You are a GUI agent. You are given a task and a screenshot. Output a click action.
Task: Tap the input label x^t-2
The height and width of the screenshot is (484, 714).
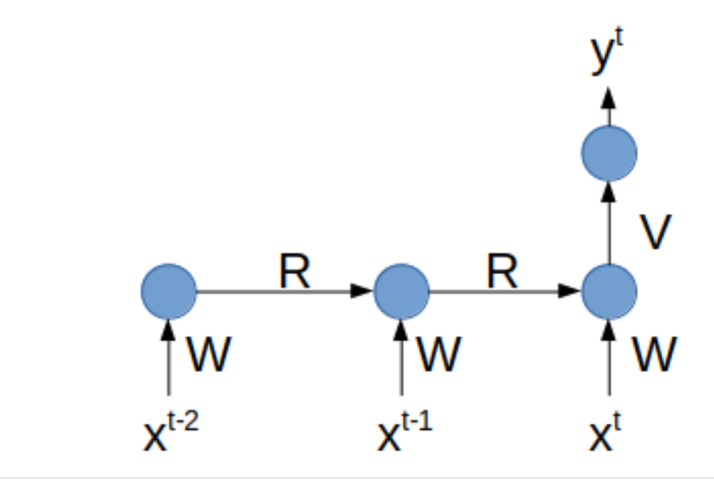pyautogui.click(x=171, y=432)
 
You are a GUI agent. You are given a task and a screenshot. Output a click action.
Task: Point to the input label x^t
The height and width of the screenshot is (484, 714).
pyautogui.click(x=605, y=432)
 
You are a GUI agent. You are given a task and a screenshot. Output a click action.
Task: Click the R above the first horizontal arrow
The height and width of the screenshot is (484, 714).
pyautogui.click(x=294, y=272)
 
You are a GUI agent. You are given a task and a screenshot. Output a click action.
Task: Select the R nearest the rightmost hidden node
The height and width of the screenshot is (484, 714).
pyautogui.click(x=503, y=272)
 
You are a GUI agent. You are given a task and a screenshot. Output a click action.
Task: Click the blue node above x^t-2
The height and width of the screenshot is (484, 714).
pyautogui.click(x=169, y=291)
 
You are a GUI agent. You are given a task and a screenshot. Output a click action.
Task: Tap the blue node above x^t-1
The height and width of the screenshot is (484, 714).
pyautogui.click(x=401, y=291)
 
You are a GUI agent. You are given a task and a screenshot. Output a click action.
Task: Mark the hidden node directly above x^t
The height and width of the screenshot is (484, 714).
pyautogui.click(x=609, y=291)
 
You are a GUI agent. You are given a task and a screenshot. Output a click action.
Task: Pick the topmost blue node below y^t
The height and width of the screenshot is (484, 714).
pyautogui.click(x=609, y=154)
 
